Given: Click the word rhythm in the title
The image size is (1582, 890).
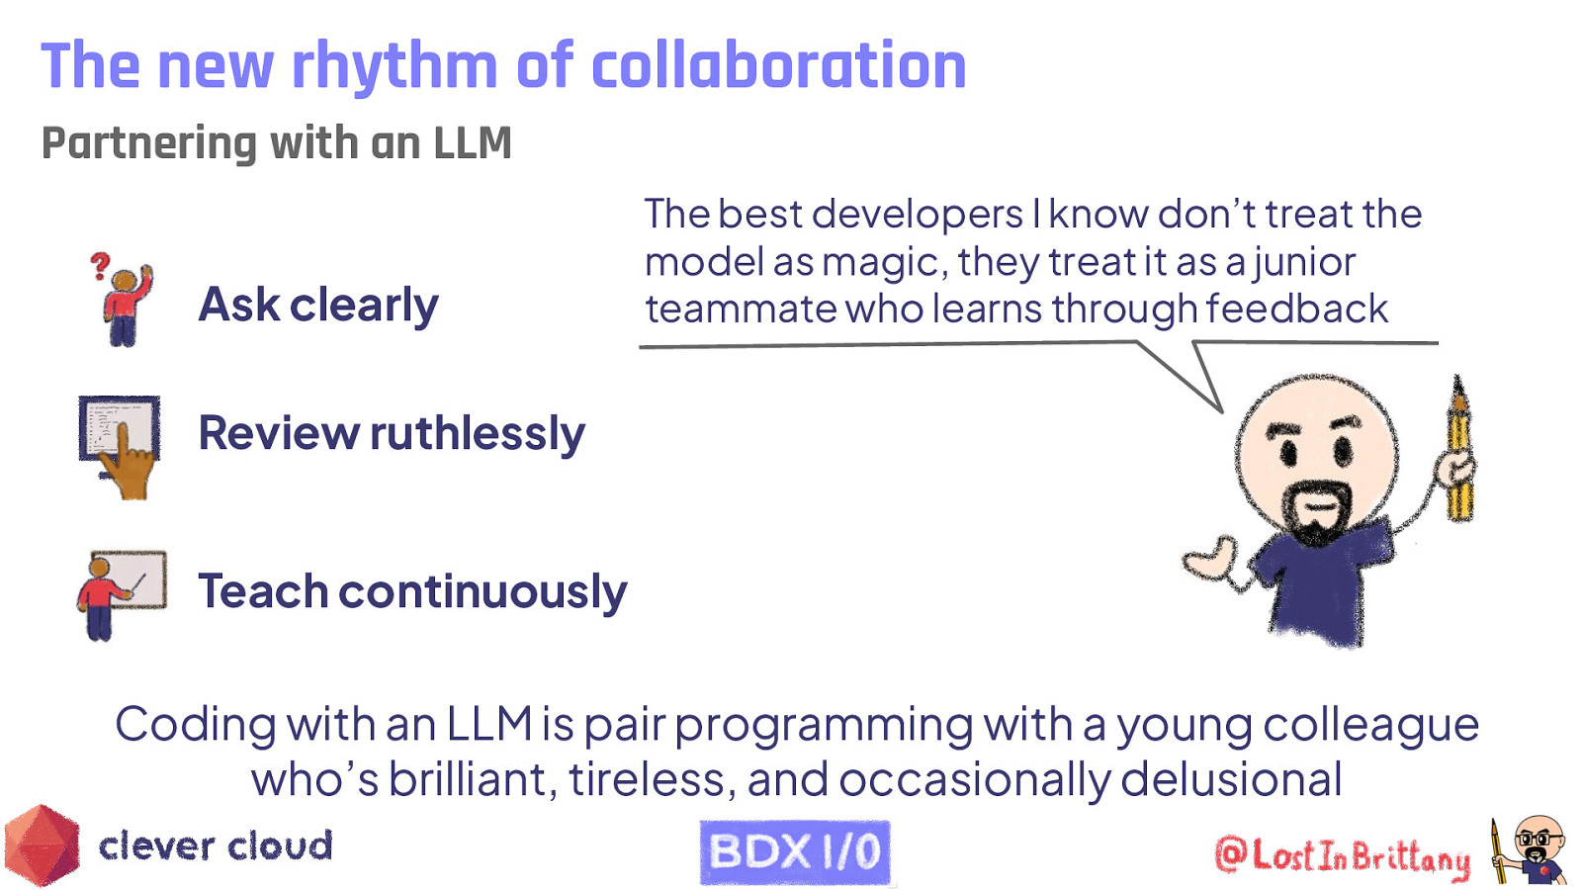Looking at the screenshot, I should click(x=394, y=67).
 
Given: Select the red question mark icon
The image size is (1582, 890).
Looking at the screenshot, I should click(x=99, y=265).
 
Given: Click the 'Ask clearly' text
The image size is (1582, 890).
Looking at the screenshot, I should click(x=318, y=305).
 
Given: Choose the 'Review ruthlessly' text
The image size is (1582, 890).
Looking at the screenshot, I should click(x=392, y=433).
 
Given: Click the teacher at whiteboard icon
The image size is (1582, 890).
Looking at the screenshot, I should click(x=121, y=593).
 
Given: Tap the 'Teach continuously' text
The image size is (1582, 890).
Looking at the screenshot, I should click(x=412, y=591).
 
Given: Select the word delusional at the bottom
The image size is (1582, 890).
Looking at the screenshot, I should click(x=1231, y=779).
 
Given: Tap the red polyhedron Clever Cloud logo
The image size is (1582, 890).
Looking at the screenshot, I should click(x=42, y=845).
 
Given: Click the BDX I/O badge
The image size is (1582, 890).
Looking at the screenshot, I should click(x=794, y=851).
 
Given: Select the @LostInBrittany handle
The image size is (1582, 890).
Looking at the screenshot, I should click(x=1342, y=856).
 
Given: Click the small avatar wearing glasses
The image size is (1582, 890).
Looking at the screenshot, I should click(x=1536, y=848).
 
